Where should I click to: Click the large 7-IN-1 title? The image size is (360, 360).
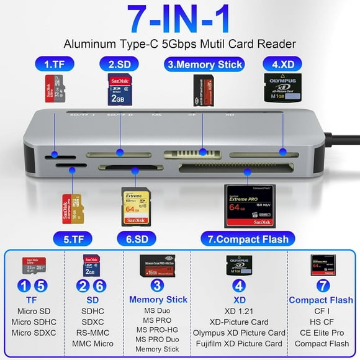point(179,20)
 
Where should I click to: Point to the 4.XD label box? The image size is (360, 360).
point(278,63)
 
